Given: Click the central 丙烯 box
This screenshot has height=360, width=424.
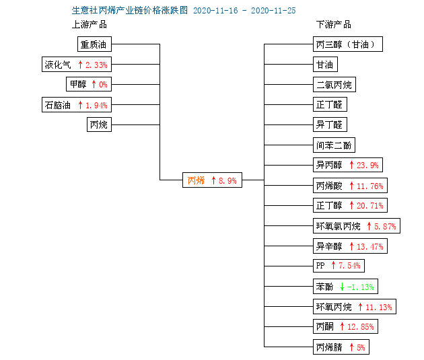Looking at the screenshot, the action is pos(212,180).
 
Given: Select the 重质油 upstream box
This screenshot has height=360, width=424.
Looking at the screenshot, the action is pos(94,44).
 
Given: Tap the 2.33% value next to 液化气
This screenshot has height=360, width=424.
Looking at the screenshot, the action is pos(96,65).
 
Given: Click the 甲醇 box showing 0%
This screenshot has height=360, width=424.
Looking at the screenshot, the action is pos(89,84).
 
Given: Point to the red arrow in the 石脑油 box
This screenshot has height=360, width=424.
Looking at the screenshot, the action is pos(80,105).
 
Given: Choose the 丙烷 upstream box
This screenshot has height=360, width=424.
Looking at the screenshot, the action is pos(99,124).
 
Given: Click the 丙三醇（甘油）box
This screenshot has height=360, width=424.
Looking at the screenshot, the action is pos(348,44).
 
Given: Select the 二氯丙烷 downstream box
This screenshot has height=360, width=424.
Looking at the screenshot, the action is pos(334,85).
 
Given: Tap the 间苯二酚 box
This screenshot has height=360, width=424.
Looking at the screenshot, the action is pos(334,145).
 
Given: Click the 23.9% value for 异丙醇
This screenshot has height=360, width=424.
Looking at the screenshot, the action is pos(367,165).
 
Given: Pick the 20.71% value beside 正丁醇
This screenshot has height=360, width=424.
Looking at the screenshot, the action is pos(370,206).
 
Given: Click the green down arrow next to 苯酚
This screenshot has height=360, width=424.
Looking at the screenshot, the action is pos(342,287).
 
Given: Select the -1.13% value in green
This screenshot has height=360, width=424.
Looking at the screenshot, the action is pos(361,287).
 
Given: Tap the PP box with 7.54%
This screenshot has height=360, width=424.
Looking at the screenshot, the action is pos(339,266).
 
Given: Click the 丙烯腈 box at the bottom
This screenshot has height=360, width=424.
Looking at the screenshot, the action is pos(341,347).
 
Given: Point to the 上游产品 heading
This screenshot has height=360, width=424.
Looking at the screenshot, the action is pos(90,24).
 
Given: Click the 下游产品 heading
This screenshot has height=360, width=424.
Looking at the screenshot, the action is pos(334,24).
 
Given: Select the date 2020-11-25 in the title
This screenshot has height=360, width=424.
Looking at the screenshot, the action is pos(273,11).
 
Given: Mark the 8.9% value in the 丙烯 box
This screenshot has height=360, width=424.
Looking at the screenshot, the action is pos(227,180).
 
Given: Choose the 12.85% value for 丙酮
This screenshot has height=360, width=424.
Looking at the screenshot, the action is pos(361,327).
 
